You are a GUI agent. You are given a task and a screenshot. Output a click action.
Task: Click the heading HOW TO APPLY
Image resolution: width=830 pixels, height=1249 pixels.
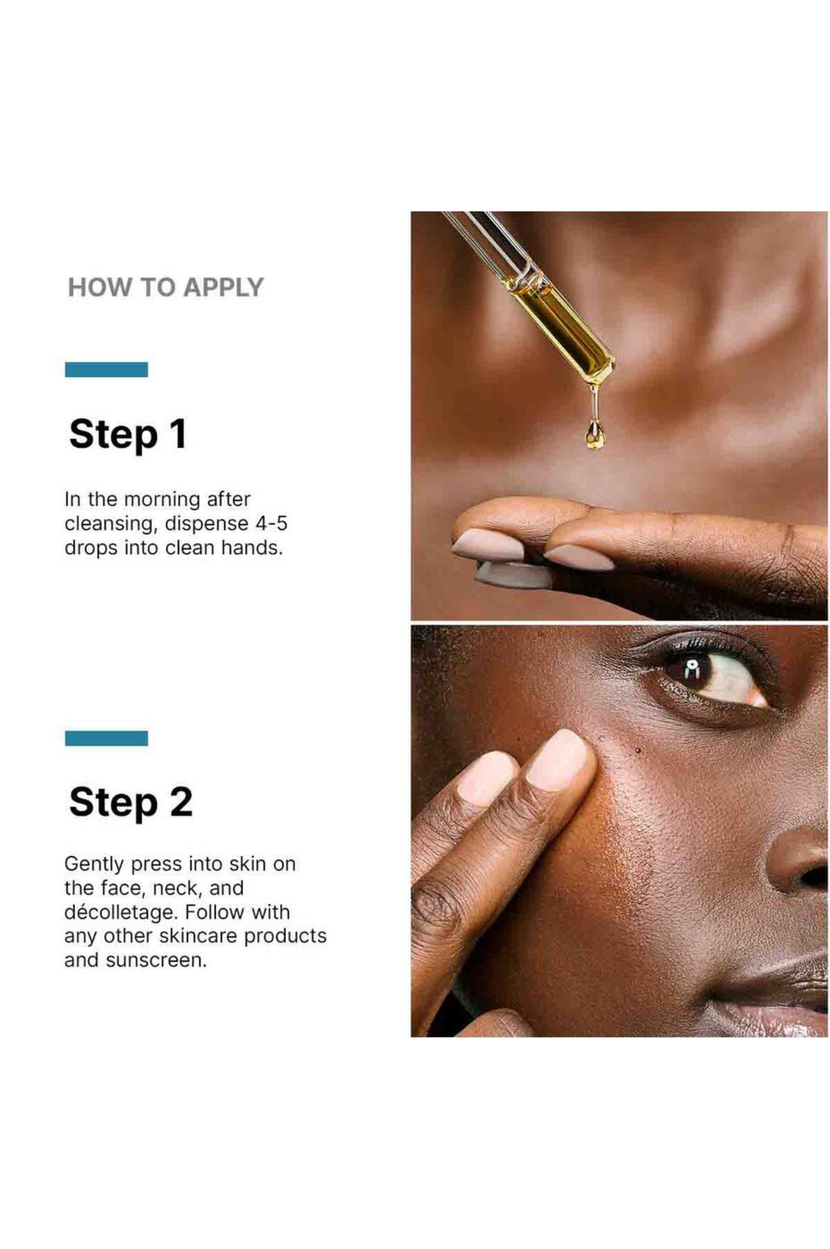[x=165, y=287]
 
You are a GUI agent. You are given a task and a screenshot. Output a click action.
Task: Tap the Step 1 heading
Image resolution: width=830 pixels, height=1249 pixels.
[x=128, y=434]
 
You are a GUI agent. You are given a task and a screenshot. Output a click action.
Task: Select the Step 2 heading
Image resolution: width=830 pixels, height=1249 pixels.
[x=130, y=803]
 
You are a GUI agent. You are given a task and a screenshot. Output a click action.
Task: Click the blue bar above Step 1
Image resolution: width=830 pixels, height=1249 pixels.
[x=106, y=369]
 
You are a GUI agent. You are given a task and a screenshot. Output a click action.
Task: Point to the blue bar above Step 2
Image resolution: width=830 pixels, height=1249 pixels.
[x=106, y=738]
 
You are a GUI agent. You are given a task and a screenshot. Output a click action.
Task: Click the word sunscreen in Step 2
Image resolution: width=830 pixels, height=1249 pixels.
[x=156, y=961]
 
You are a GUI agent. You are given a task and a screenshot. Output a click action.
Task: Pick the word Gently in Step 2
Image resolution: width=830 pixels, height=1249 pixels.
[x=94, y=865]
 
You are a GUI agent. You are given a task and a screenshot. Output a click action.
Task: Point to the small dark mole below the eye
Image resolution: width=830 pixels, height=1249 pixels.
[x=638, y=750]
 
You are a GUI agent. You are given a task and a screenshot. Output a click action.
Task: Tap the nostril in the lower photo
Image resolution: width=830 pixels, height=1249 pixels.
[x=816, y=877]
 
